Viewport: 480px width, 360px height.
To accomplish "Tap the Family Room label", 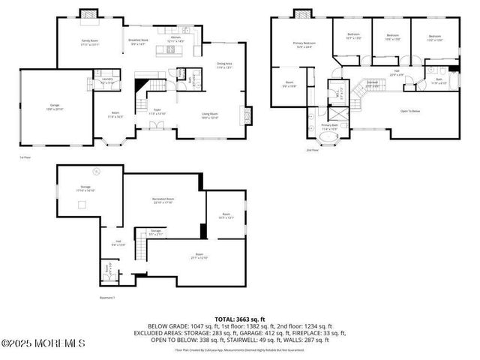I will point(90,42).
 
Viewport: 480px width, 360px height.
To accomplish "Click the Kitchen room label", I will point(175,38).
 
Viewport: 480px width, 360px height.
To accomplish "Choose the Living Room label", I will point(209,115).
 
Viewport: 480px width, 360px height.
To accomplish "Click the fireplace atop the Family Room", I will point(89,13).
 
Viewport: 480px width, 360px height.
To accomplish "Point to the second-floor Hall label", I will point(396,73).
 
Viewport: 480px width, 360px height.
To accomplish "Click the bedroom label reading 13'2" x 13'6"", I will point(436,37).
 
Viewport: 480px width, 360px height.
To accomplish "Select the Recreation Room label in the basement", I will point(162,200).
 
